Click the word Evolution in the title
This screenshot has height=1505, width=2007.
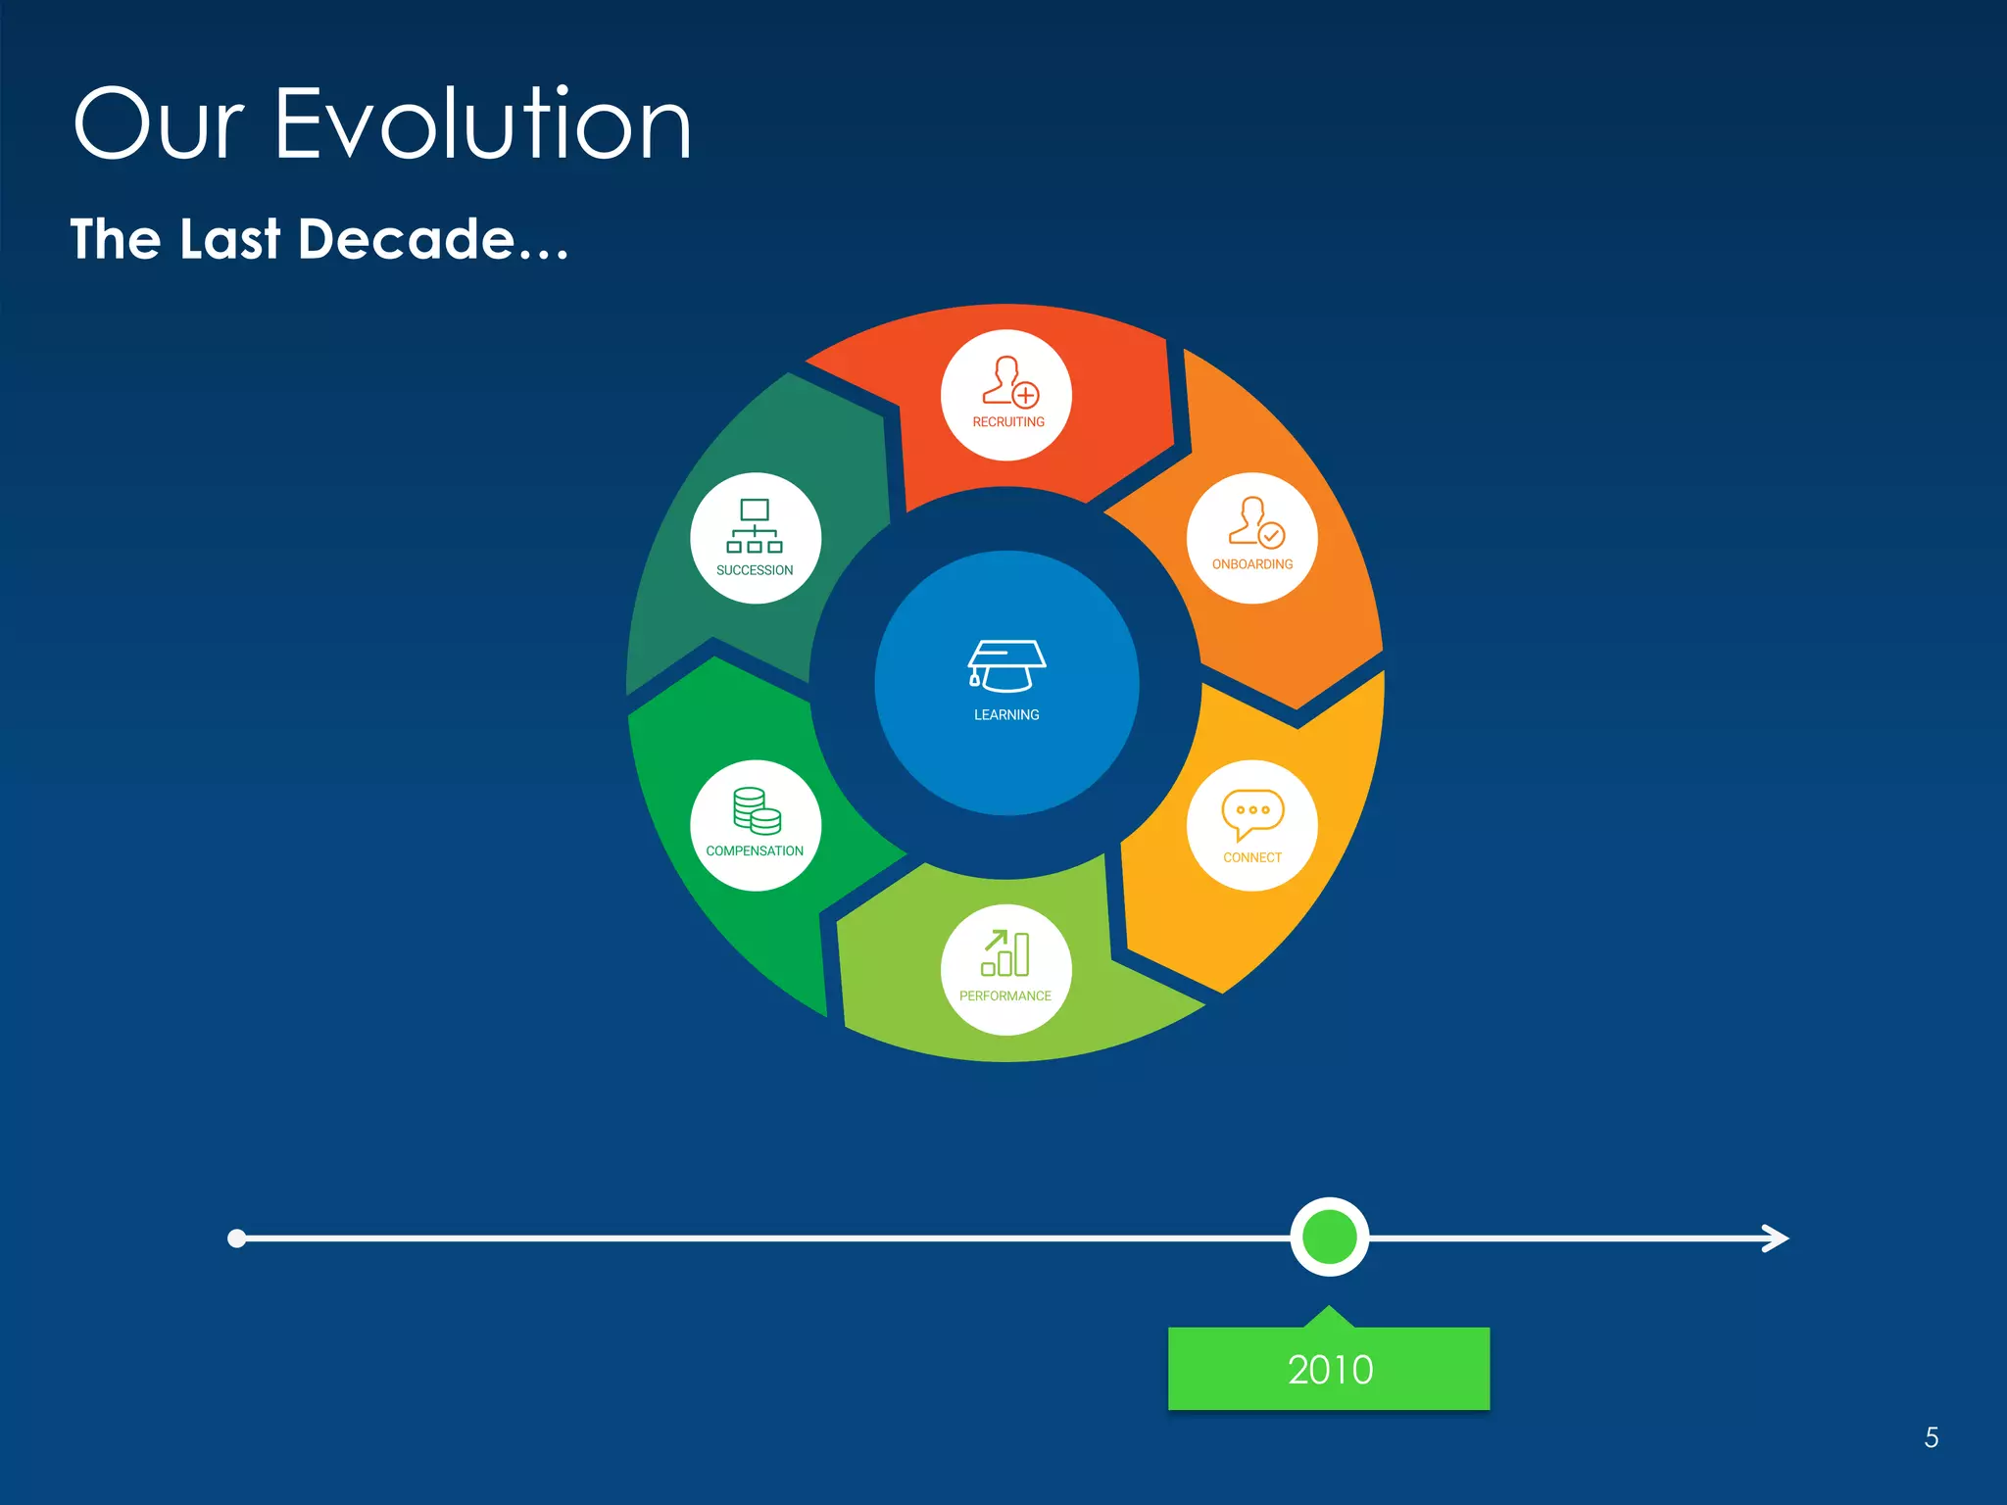point(482,124)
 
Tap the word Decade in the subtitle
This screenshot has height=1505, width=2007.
point(406,239)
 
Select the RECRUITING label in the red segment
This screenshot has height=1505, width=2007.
point(1007,422)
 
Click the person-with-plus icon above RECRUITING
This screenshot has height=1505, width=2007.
point(1009,381)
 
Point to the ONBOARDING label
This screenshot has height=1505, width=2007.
point(1251,564)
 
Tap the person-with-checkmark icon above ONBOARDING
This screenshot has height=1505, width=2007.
point(1255,521)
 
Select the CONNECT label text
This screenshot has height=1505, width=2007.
point(1251,857)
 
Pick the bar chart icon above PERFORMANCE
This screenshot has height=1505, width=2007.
point(1005,953)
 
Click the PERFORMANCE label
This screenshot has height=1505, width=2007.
point(1004,996)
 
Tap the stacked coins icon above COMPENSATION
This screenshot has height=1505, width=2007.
point(757,811)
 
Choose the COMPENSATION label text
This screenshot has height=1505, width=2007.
point(755,851)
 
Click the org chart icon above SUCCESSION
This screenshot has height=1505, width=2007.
point(755,526)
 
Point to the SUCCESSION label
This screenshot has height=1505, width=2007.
point(755,570)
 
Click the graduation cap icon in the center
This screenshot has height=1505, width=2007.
point(1006,666)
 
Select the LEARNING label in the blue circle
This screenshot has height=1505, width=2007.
point(1006,715)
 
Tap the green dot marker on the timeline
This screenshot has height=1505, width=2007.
point(1329,1237)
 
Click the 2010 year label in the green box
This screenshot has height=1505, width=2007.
point(1330,1370)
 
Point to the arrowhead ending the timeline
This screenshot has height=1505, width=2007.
point(1775,1238)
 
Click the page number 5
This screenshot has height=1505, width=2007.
point(1931,1437)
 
